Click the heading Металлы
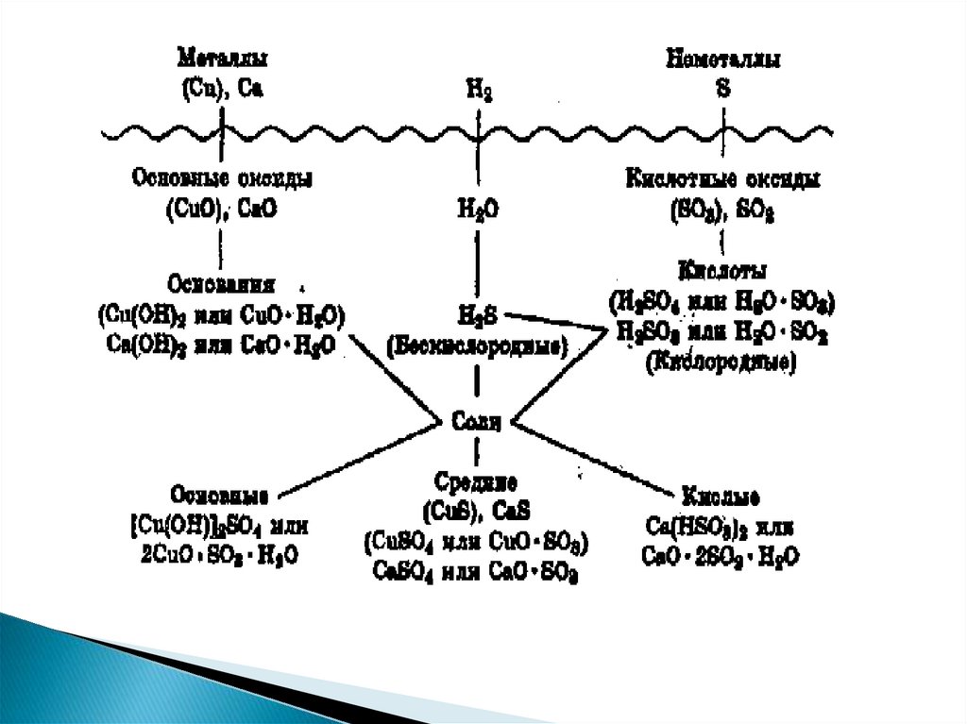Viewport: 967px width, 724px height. (222, 59)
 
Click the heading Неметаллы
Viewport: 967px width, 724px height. (722, 59)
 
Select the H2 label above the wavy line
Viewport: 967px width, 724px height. (479, 91)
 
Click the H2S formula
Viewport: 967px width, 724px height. (476, 314)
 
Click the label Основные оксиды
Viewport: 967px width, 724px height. (224, 177)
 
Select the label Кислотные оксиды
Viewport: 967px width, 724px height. (723, 177)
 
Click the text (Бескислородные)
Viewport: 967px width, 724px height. (477, 347)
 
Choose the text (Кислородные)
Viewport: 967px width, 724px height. (721, 360)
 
